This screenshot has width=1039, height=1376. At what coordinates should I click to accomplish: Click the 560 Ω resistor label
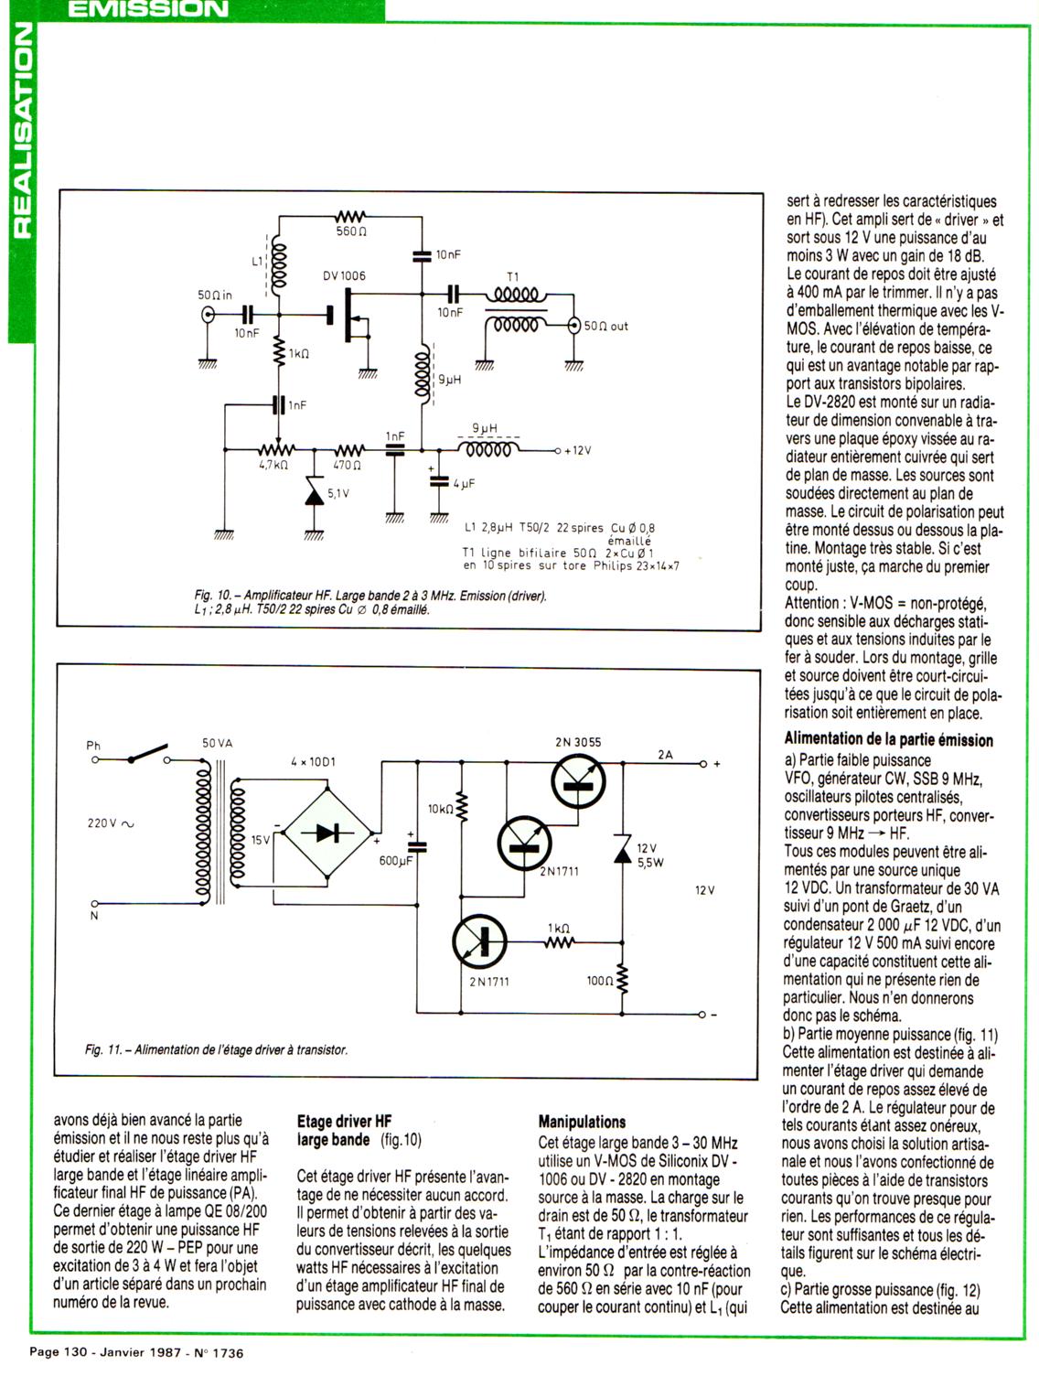352,232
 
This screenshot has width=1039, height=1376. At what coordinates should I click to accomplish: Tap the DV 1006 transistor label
345,275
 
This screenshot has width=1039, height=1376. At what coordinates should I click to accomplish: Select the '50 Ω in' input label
215,296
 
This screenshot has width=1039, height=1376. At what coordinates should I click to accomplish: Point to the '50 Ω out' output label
606,326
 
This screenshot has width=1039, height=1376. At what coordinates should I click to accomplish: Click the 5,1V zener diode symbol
315,496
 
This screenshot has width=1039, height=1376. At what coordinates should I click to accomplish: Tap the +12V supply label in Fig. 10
577,451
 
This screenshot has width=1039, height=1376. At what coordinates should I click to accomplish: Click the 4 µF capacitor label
463,483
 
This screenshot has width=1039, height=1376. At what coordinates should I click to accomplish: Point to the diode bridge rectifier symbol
327,833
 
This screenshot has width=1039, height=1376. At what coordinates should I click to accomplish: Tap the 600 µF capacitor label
396,861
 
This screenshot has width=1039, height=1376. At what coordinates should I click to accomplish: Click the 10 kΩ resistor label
440,809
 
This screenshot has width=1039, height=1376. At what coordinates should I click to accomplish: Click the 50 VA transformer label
218,743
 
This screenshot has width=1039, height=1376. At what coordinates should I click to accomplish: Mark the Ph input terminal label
93,746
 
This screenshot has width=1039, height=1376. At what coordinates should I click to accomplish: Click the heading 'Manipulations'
582,1122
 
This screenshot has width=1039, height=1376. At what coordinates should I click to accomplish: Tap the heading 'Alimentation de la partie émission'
888,739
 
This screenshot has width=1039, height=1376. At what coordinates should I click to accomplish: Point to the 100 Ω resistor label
599,981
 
